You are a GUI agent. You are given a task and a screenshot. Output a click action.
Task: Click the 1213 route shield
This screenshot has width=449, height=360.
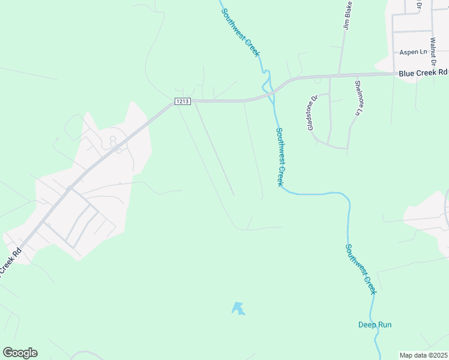pos(183,101)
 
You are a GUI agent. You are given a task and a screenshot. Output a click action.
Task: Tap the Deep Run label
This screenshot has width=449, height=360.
pos(375,325)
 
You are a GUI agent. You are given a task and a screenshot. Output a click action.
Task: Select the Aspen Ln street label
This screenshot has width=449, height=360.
pos(412,52)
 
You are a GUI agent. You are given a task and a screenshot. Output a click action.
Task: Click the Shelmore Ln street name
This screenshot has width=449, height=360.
pos(359,98)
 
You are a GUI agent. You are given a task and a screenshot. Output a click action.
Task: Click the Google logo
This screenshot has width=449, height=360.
pos(20,353)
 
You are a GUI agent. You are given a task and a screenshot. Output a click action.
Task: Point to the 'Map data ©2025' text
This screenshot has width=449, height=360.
pos(424,355)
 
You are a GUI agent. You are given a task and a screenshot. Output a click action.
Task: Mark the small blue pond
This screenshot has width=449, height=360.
pos(238,308)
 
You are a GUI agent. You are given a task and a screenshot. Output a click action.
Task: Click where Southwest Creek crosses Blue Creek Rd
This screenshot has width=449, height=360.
pos(270,91)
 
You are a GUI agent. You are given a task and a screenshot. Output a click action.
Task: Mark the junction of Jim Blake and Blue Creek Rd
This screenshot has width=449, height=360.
pos(340,75)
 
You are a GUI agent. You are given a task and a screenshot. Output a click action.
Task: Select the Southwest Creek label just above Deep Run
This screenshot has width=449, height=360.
pos(361,268)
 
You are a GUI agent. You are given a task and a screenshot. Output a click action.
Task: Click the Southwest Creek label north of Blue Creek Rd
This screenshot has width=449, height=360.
pos(240,32)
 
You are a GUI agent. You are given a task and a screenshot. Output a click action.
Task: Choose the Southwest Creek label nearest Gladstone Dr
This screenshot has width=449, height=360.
pos(279,156)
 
